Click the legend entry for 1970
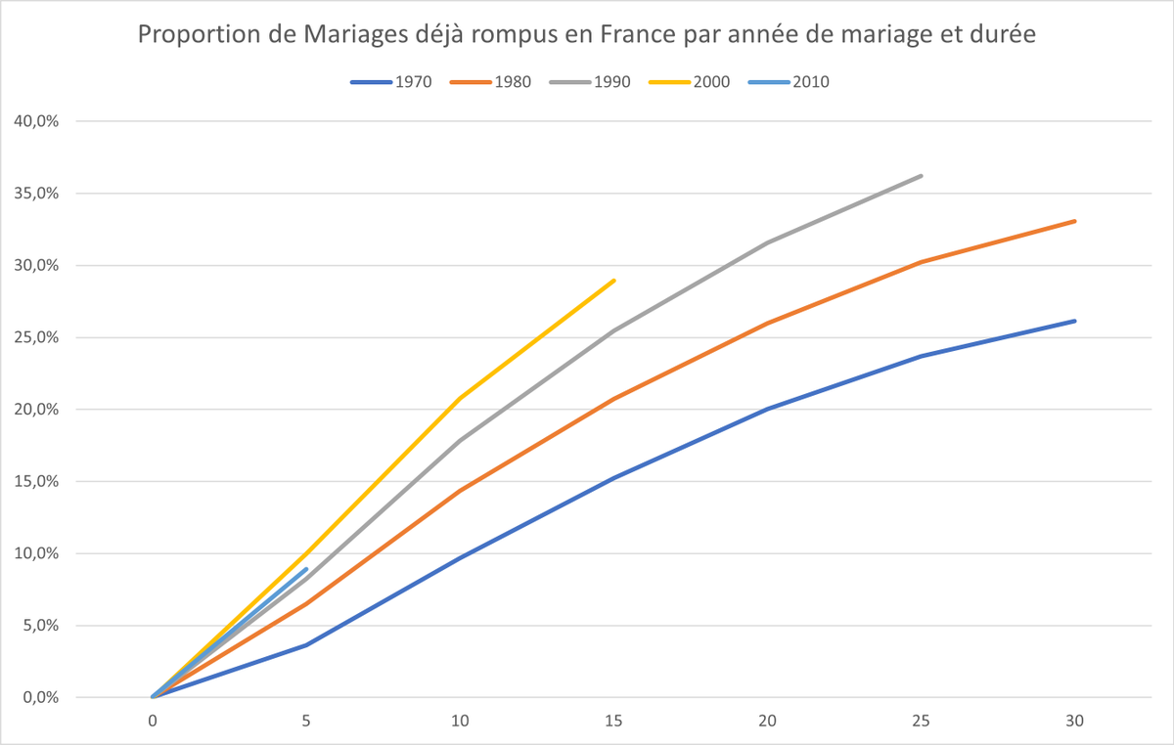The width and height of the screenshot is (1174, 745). point(391,82)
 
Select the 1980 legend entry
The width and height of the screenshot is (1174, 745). point(490,82)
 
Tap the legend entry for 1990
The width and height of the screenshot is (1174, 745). point(590,82)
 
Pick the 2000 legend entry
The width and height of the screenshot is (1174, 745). point(690,82)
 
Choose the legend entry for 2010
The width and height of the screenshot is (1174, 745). point(789,82)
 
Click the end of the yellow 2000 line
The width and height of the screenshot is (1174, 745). point(613,281)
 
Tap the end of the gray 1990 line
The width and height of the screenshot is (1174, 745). point(921,176)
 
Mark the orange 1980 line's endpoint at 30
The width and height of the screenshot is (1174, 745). point(1075,221)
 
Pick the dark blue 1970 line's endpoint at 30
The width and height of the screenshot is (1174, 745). point(1075,321)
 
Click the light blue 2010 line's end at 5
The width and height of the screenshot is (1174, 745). point(306,569)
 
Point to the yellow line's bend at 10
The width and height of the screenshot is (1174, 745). point(460,398)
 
